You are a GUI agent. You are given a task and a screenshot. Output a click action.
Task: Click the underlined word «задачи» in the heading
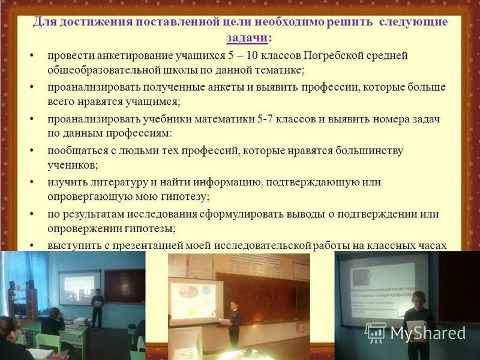tap(247, 38)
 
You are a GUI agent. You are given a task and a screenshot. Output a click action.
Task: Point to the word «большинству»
tap(368, 151)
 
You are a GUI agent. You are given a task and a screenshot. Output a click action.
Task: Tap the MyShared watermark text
tap(428, 332)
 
